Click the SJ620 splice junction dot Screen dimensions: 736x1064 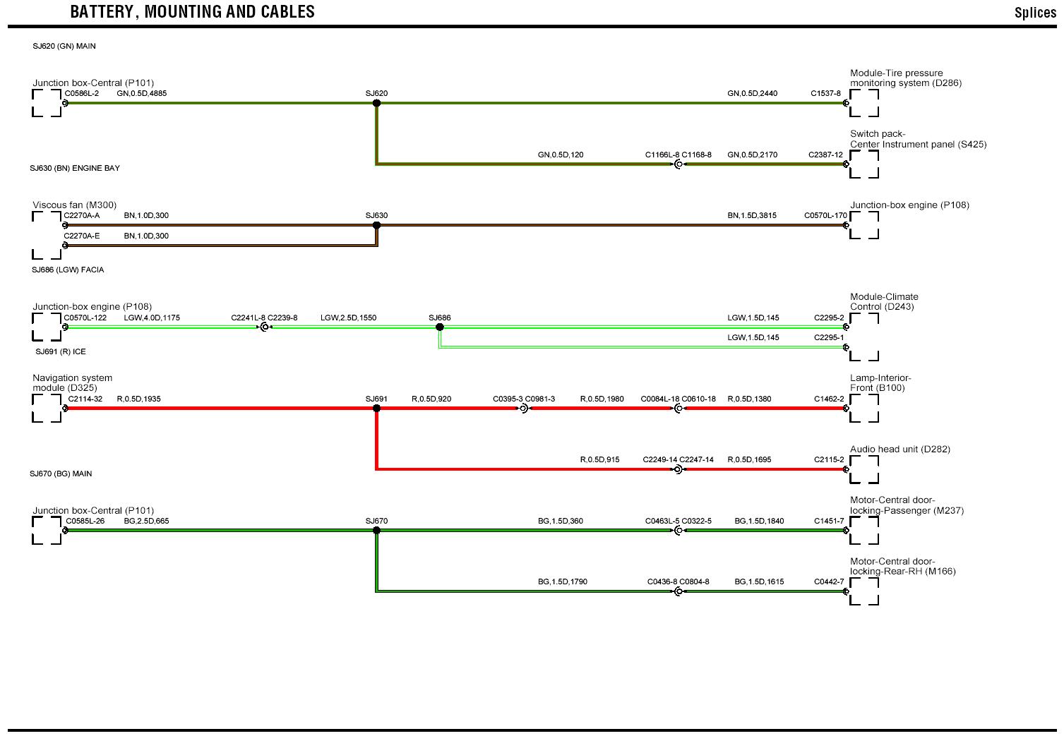376,103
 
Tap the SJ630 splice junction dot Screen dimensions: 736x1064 376,226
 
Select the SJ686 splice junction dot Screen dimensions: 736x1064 439,327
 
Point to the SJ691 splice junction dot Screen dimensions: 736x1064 376,409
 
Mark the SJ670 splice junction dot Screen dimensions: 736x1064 376,531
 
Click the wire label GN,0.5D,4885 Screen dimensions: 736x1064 141,93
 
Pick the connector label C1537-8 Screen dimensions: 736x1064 825,93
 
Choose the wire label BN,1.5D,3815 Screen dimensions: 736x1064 752,215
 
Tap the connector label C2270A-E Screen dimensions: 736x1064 82,236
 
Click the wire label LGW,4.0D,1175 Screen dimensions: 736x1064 152,318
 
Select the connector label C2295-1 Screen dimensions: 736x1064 828,337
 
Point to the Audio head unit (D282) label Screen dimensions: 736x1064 899,449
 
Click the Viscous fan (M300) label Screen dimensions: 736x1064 74,205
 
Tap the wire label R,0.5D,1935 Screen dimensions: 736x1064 138,399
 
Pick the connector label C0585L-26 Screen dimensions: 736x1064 85,521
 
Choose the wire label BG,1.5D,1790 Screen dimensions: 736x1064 562,582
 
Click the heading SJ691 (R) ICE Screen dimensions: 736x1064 60,351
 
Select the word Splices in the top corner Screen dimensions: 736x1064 1034,13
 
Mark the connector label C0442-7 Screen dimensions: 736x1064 828,582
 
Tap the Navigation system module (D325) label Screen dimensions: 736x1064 72,382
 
